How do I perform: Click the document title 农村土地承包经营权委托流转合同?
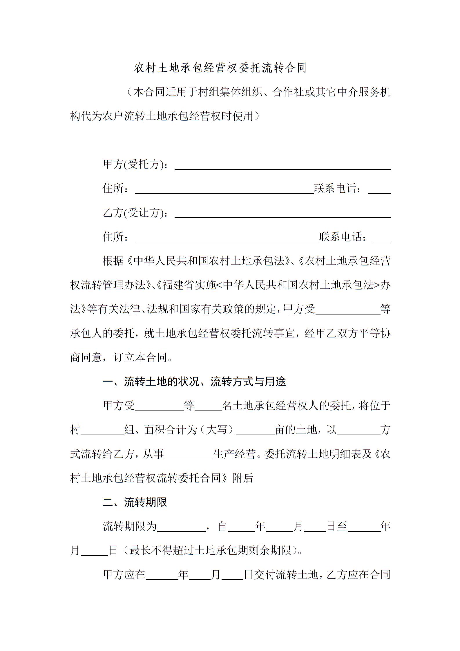pyautogui.click(x=220, y=68)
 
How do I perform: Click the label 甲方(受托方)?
pyautogui.click(x=135, y=164)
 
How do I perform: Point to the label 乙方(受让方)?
pyautogui.click(x=135, y=213)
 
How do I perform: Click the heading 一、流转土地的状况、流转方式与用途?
pyautogui.click(x=194, y=382)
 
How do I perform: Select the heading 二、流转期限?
pyautogui.click(x=135, y=502)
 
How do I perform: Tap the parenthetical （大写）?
pyautogui.click(x=217, y=430)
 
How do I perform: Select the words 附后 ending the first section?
pyautogui.click(x=243, y=478)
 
